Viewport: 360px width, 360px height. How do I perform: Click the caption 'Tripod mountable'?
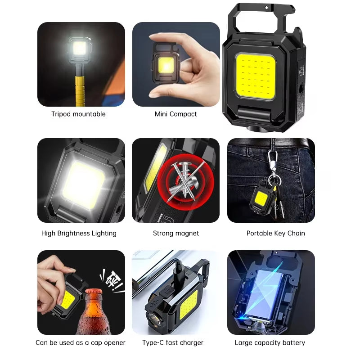coord(78,114)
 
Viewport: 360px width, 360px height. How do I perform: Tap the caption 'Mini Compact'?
coord(175,114)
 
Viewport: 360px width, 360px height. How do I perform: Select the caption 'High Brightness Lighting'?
coord(79,233)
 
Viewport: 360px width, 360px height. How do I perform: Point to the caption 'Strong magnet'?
coord(175,233)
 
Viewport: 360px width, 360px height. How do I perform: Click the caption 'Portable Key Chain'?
coord(275,233)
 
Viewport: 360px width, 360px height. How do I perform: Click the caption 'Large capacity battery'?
coord(270,342)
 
